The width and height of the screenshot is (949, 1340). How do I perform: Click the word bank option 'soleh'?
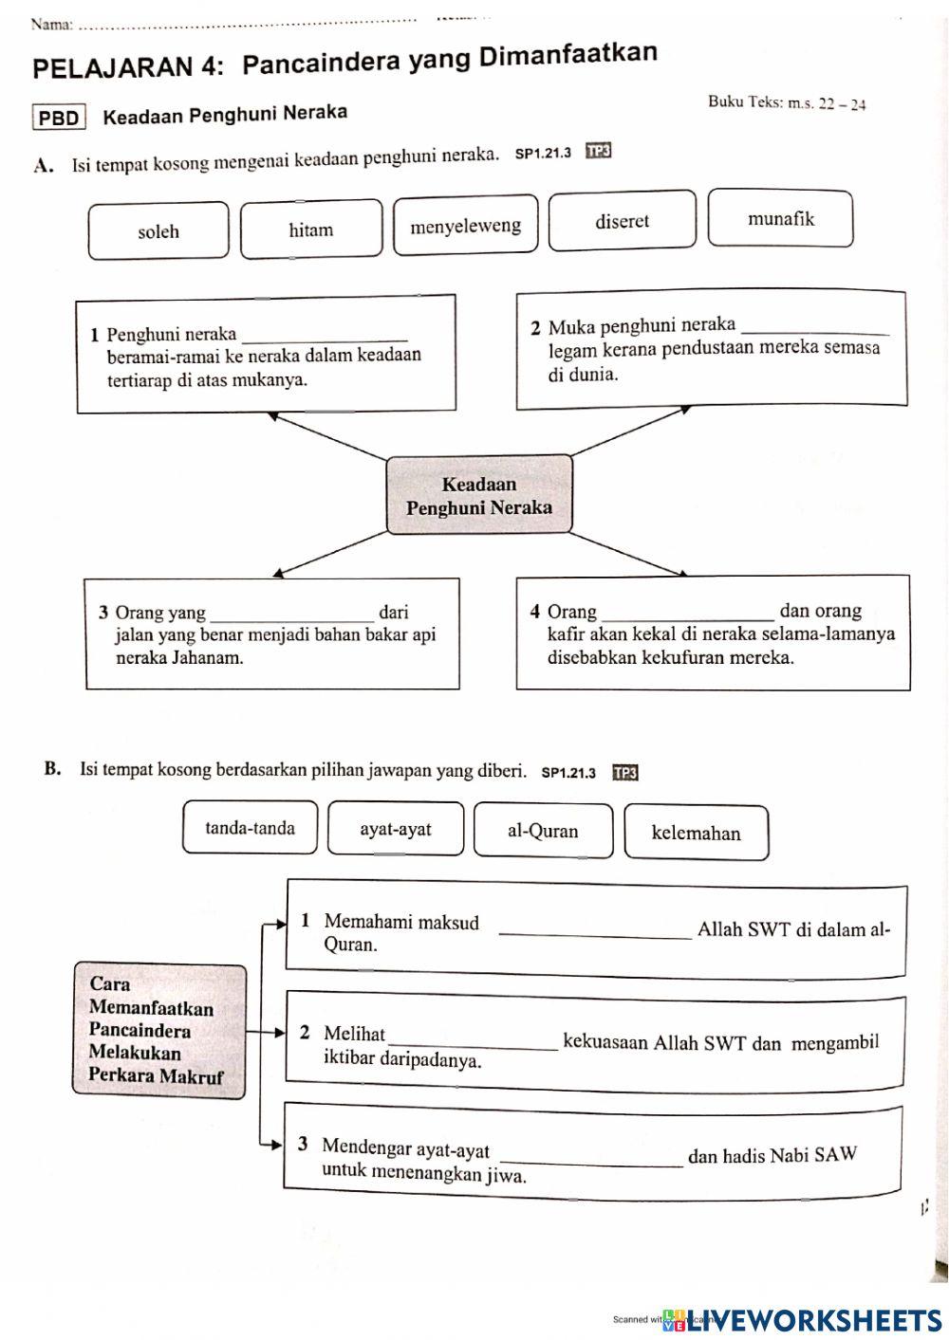pos(158,230)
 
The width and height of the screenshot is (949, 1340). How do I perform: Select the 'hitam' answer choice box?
pos(311,229)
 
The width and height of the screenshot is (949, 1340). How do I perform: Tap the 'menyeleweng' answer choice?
pos(465,226)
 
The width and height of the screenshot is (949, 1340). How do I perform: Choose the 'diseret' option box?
pos(622,221)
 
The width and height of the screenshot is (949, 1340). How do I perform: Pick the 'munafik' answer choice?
pos(780,219)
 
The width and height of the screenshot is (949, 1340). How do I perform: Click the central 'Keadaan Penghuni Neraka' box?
pos(479,495)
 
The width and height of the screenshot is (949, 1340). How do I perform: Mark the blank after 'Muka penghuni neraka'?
pos(817,328)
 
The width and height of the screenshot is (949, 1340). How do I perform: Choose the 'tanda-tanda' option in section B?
pos(250,828)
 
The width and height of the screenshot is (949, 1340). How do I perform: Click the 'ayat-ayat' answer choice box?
pos(396,829)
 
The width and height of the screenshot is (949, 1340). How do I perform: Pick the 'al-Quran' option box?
pos(543,831)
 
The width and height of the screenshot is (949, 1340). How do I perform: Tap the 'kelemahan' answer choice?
pos(696,833)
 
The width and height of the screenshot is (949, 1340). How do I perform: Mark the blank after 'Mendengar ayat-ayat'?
pos(590,1158)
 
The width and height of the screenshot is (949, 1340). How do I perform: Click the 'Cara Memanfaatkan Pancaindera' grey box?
pos(159,1030)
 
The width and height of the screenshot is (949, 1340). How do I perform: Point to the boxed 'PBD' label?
pos(59,118)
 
